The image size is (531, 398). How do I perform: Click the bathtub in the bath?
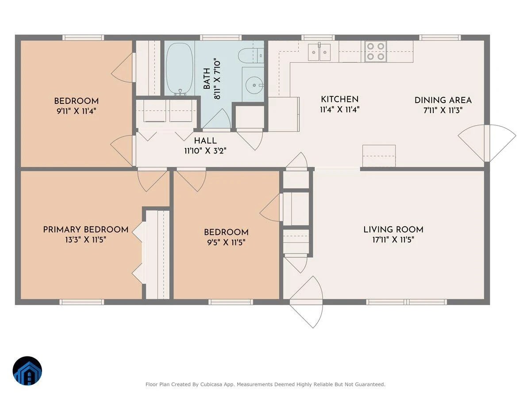[x=180, y=69]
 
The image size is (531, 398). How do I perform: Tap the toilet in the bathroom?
[x=251, y=55]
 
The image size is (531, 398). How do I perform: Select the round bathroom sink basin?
[x=254, y=85]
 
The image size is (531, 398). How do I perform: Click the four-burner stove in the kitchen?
[x=375, y=51]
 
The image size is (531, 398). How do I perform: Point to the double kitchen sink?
[x=319, y=52]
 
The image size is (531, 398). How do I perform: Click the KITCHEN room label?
[x=340, y=99]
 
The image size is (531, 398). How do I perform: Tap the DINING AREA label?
[x=443, y=100]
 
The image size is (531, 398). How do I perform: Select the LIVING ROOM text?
[x=393, y=230]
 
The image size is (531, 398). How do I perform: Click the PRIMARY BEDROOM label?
[x=86, y=230]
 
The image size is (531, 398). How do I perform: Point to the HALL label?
[x=205, y=141]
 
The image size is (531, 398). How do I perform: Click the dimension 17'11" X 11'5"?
[x=393, y=240]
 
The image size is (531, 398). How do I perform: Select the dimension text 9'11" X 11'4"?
[x=77, y=111]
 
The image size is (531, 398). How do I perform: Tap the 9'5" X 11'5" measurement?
[x=226, y=242]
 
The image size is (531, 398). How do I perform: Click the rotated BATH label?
[x=207, y=79]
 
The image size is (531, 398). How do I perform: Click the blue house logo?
[x=27, y=371]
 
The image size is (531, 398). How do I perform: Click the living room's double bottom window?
[x=406, y=302]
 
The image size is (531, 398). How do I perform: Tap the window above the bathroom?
[x=221, y=38]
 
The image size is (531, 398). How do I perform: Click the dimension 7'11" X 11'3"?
[x=443, y=111]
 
